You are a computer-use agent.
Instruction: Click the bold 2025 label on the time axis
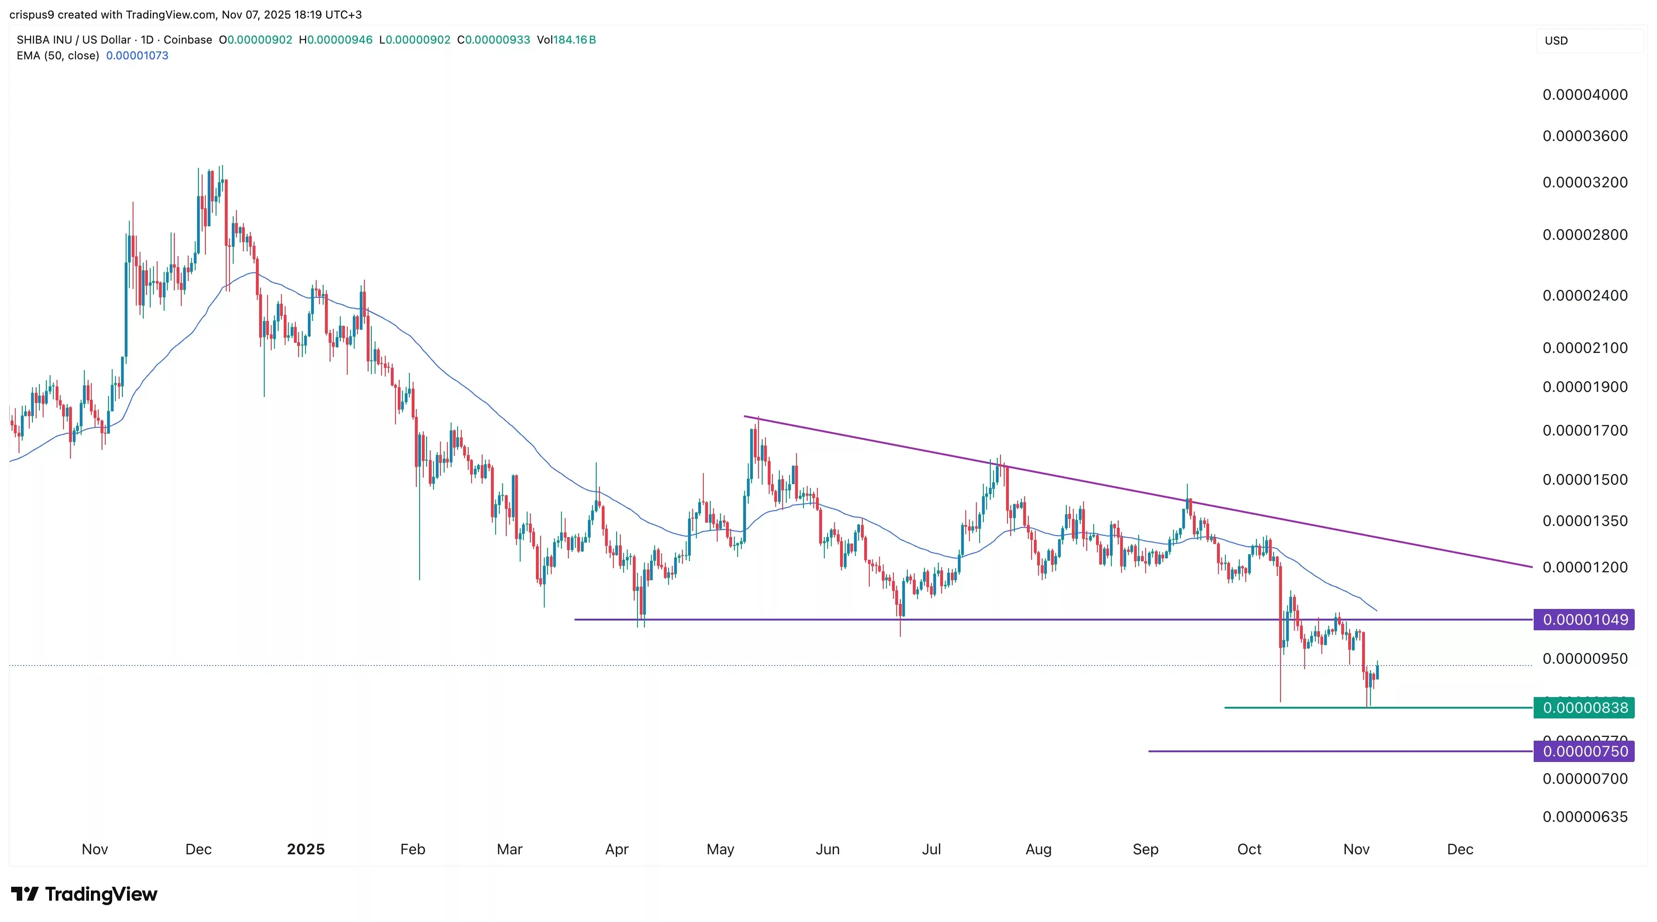(306, 849)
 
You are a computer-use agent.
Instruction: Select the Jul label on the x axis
(931, 849)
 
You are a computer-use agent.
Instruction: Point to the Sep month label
(1145, 849)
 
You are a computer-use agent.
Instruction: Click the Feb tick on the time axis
(412, 849)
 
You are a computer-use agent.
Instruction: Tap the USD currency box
(1557, 40)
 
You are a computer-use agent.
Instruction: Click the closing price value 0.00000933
(497, 40)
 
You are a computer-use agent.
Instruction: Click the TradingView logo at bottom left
(84, 894)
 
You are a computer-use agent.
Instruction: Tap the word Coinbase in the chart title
(187, 40)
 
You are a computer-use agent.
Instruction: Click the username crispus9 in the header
(32, 14)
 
